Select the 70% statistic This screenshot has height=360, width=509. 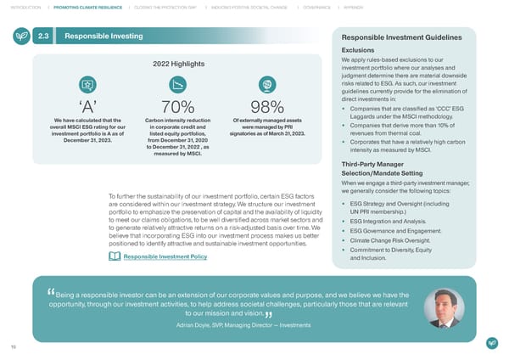click(x=176, y=108)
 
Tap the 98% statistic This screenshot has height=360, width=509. click(x=267, y=108)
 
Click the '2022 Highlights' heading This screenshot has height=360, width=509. click(x=176, y=65)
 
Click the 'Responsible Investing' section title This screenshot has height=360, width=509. click(x=104, y=37)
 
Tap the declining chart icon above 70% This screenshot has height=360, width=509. click(x=176, y=85)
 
